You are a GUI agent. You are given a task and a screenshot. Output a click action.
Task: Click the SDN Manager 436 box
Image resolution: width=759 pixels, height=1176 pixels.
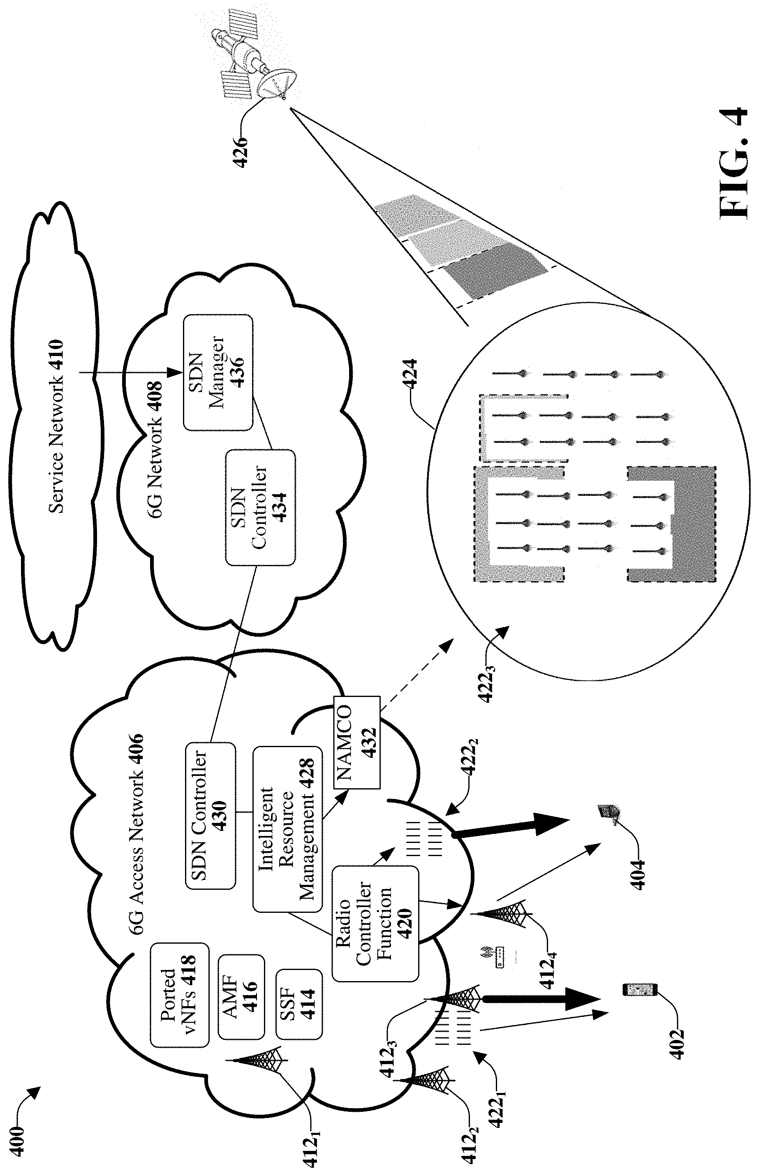tap(218, 373)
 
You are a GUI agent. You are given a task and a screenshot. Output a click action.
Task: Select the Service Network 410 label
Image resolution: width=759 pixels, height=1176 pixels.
tap(57, 426)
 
